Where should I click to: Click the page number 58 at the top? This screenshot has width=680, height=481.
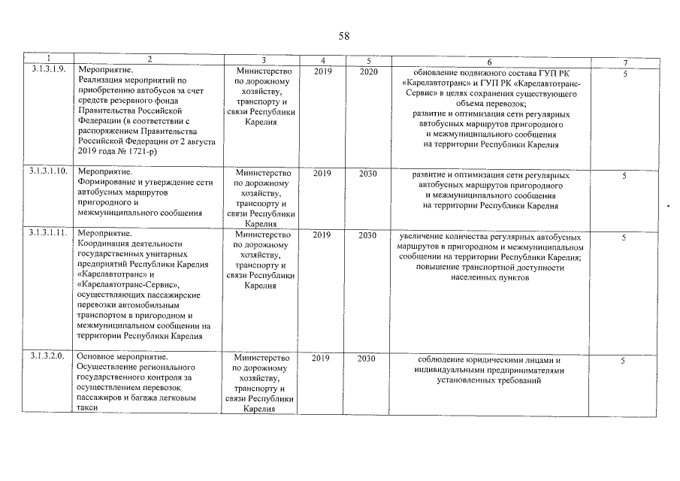pos(344,36)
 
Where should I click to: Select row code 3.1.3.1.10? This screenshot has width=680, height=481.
pos(49,172)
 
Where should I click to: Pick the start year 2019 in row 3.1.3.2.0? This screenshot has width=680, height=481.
pos(322,358)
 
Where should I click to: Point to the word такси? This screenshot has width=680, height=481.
pos(88,408)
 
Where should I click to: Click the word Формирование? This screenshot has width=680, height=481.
pos(106,182)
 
